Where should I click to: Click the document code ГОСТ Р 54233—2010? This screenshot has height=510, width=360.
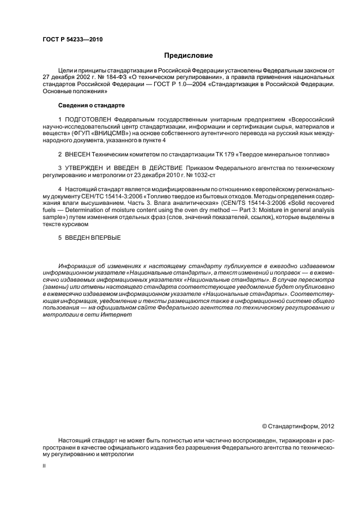point(72,40)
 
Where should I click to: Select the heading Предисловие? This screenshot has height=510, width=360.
point(188,56)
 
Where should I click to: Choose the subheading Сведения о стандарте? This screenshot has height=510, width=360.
point(91,105)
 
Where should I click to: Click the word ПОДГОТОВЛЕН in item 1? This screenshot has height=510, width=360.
point(85,119)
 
